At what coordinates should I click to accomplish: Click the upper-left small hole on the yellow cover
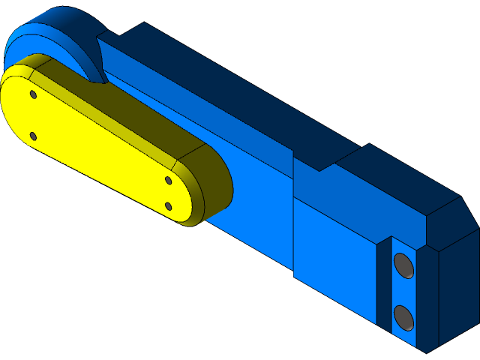(33, 94)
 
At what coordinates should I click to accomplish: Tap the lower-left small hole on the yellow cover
(33, 136)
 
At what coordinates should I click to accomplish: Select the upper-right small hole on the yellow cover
(169, 180)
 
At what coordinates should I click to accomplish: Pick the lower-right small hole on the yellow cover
(169, 205)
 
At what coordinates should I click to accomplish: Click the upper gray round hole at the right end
(403, 265)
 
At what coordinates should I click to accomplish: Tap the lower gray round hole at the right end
(403, 316)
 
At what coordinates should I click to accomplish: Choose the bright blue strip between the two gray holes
(403, 291)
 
